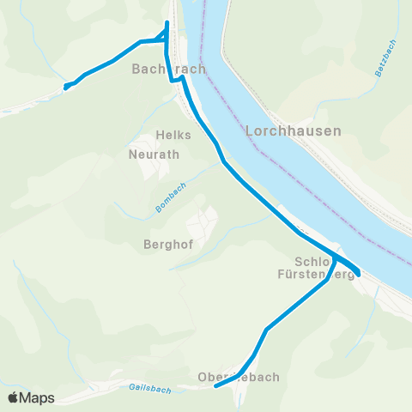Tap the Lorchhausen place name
(294, 131)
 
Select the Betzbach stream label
(383, 63)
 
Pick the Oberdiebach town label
(239, 377)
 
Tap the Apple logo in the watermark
(14, 397)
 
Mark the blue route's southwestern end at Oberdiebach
(215, 385)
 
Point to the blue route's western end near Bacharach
(66, 86)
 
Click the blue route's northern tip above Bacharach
(167, 21)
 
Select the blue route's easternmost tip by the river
(359, 275)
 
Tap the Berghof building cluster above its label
(203, 223)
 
